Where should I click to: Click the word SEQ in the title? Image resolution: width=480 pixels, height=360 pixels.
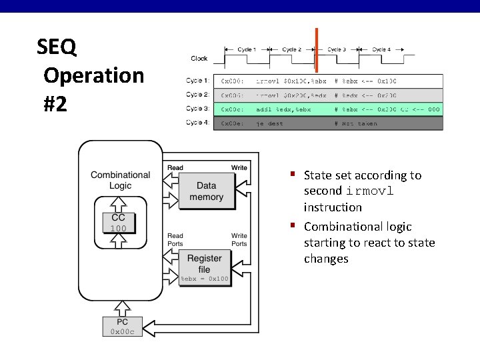[57, 47]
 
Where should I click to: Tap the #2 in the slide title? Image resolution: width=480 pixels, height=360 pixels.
[55, 104]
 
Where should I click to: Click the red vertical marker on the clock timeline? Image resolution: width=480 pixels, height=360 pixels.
[316, 50]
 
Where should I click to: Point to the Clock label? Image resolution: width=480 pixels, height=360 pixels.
[199, 59]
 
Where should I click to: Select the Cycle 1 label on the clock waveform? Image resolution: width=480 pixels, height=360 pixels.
[246, 49]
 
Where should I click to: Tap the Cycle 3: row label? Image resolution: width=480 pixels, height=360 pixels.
[197, 109]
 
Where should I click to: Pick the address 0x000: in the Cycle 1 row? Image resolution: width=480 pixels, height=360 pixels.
[233, 81]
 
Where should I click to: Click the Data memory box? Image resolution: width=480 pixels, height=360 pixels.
[206, 191]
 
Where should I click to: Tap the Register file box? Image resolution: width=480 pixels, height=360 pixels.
[204, 264]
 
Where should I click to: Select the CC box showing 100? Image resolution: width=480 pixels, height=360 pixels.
[118, 223]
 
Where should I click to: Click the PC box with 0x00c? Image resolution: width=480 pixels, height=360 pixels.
[123, 327]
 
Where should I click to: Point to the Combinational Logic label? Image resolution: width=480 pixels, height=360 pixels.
[121, 180]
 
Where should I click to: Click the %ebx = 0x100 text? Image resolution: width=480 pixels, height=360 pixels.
[205, 279]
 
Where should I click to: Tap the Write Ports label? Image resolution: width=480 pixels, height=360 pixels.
[239, 239]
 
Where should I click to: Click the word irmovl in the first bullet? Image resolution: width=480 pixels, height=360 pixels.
[369, 191]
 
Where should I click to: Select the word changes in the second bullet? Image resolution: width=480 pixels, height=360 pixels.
[326, 259]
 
